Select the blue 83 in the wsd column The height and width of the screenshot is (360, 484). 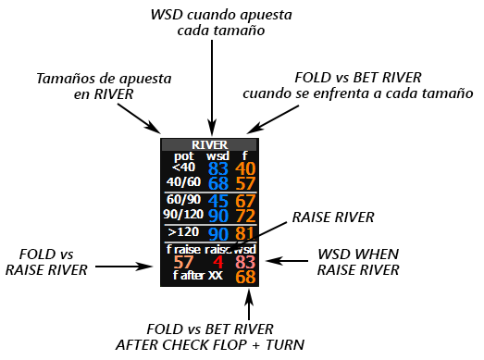coord(217,168)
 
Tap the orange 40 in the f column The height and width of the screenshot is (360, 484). coord(245,168)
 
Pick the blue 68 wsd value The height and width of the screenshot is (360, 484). coord(217,183)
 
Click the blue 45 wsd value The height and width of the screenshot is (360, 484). coord(217,201)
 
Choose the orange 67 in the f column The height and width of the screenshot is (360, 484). coord(245,201)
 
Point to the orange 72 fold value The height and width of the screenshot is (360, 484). coord(245,216)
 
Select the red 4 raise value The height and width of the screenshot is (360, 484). coord(217,263)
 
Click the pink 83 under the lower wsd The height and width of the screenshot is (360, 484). coord(245,263)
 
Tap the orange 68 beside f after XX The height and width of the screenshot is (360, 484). coord(245,277)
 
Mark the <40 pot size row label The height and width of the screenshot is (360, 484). coord(182,167)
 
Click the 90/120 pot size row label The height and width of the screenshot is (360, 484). coord(183,214)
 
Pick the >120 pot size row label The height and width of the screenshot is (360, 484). coord(183,231)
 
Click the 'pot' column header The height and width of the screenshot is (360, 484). coord(182,155)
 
